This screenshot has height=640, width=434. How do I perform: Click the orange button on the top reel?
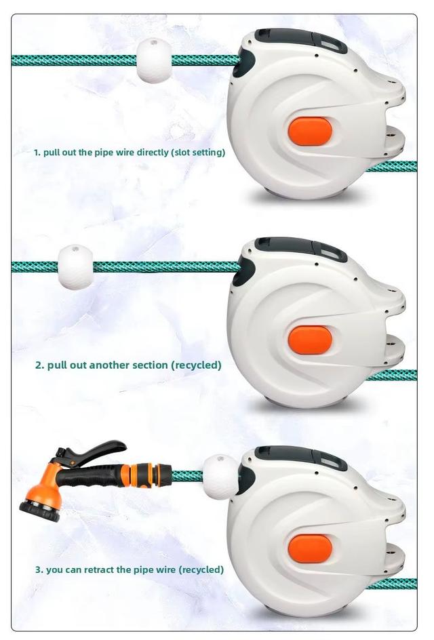click(310, 132)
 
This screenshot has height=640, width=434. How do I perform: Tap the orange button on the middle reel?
click(310, 340)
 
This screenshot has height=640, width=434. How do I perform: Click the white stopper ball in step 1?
click(154, 60)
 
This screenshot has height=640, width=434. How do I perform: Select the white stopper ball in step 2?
click(75, 267)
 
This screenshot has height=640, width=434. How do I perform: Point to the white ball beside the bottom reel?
click(220, 477)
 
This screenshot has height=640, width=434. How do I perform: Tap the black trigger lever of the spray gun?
click(97, 450)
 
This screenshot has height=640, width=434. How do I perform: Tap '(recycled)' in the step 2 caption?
click(197, 365)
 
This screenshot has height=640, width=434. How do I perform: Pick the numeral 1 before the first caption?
click(37, 153)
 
